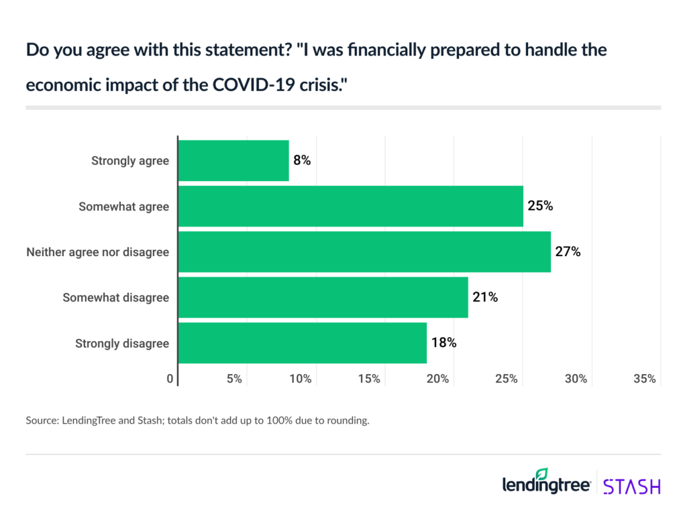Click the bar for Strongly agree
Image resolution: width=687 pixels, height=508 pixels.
tap(233, 161)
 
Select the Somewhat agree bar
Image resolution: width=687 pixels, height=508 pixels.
tap(350, 206)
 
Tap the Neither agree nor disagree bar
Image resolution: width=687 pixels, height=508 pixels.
tap(364, 252)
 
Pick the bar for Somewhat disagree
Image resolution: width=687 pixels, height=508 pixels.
tap(323, 298)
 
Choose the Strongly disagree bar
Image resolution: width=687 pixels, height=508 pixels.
tap(303, 343)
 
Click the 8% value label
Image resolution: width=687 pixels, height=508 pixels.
tap(302, 161)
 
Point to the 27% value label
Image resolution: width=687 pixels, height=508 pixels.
tap(567, 252)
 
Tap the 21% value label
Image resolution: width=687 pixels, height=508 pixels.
tap(484, 298)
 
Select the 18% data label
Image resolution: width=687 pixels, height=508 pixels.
tap(443, 343)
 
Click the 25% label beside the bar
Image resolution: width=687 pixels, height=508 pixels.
tap(539, 206)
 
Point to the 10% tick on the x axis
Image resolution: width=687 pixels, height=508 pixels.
tap(300, 379)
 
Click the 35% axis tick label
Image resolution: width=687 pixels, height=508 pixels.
tap(644, 379)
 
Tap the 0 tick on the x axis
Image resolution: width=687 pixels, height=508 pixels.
tap(170, 379)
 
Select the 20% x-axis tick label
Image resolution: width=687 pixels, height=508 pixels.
tap(437, 379)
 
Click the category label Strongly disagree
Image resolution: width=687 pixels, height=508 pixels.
tap(122, 343)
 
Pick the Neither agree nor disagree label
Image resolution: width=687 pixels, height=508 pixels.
tap(98, 252)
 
